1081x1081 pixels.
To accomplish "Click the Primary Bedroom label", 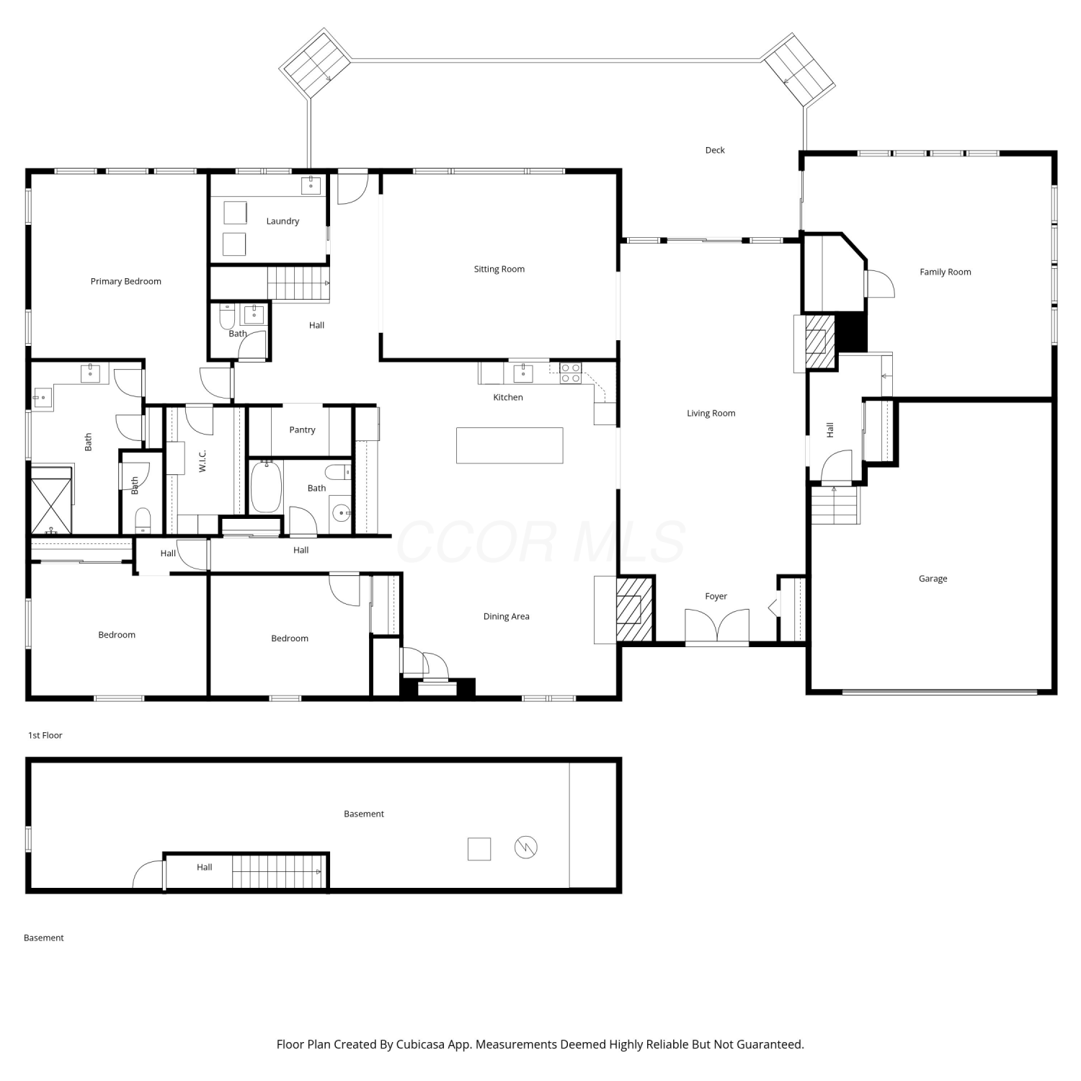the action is (x=126, y=281).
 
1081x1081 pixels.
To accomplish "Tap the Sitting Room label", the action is (x=499, y=269).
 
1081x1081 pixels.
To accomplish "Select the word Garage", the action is (x=933, y=579).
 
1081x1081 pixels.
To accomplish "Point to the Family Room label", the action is (x=946, y=272).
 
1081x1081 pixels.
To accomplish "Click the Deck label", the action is (x=715, y=150).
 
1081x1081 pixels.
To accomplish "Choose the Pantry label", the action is (x=303, y=430).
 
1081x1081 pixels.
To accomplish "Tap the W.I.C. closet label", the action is (x=203, y=461).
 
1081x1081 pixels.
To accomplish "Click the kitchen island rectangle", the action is (x=510, y=445).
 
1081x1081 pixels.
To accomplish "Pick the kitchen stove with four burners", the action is (x=571, y=373).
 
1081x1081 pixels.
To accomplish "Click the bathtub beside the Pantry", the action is (x=266, y=486).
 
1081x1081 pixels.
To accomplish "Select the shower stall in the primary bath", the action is (x=52, y=500).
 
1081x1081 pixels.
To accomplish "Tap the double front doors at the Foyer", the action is (x=717, y=626).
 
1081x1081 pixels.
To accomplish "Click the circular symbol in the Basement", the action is (x=526, y=848).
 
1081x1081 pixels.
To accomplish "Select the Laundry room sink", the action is (x=312, y=184).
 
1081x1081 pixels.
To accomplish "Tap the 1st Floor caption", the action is (x=45, y=735).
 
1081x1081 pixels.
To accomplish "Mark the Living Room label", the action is (x=711, y=413).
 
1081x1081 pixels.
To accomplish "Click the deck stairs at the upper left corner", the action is (x=315, y=62).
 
